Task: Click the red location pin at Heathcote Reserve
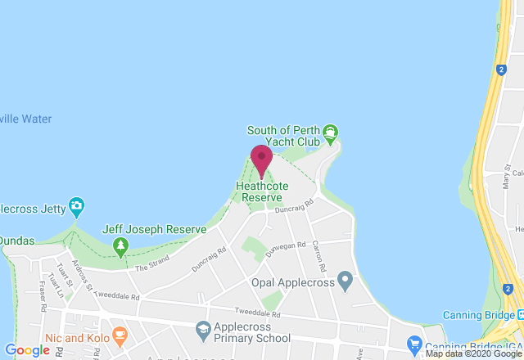coord(261,159)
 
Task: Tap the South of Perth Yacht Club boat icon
coord(330,132)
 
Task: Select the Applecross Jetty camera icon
coord(76,205)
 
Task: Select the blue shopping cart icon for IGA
coord(415,344)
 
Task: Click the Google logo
coord(27,350)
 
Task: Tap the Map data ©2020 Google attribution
coord(472,353)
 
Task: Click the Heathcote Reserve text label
coord(259,191)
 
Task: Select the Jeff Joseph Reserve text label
coord(153,230)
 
